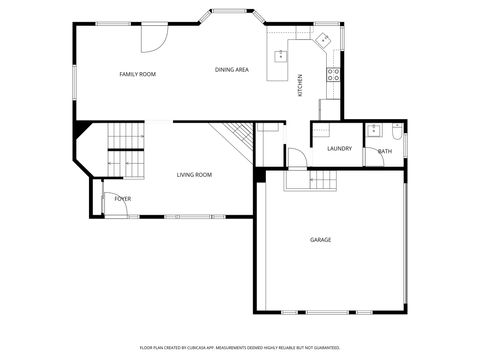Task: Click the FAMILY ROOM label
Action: [137, 74]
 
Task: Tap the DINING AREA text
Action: [232, 69]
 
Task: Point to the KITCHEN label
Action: [301, 86]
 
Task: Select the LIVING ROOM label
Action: [194, 175]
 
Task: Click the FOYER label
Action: [122, 199]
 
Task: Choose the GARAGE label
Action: [320, 240]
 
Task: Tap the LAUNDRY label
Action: [339, 149]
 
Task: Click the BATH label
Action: [384, 151]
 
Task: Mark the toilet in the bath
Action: [396, 130]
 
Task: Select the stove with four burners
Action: [334, 73]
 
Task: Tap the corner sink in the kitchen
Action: [321, 40]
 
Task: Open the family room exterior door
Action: [152, 39]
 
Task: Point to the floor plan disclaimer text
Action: [239, 346]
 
